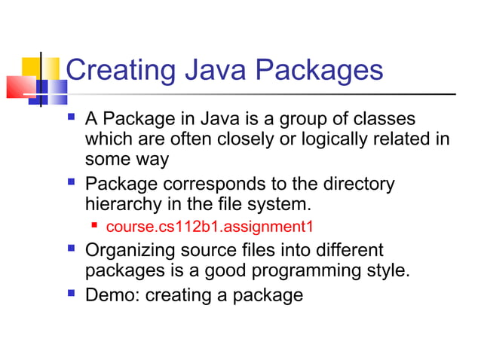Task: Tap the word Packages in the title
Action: click(320, 71)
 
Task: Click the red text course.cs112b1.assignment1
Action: click(209, 226)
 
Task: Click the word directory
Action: click(359, 184)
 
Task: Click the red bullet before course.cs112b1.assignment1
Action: click(95, 226)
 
